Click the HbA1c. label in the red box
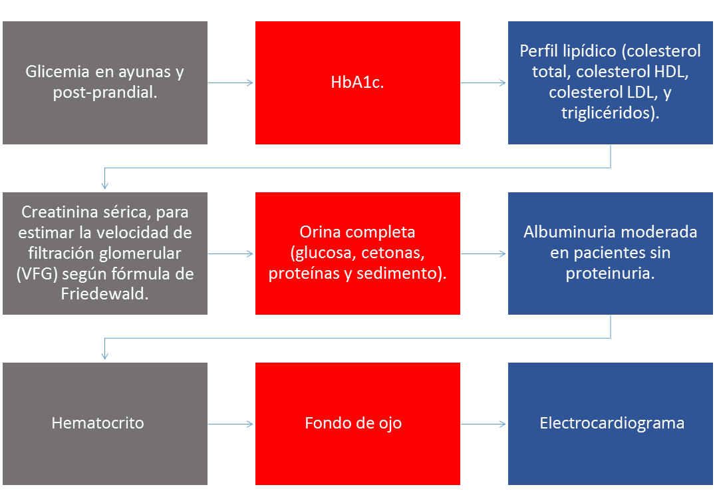tap(357, 83)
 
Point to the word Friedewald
tap(104, 293)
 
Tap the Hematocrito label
tap(98, 423)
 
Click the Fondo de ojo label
tap(353, 423)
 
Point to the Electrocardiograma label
tap(612, 423)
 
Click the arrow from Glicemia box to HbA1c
tap(230, 83)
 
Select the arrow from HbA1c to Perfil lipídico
tap(484, 83)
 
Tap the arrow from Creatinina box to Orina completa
tap(230, 253)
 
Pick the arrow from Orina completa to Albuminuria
tap(484, 253)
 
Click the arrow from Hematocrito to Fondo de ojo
tap(230, 424)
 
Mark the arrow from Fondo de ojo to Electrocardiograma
tap(484, 424)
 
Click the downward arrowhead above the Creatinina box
tap(104, 186)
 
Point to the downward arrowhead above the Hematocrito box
tap(104, 356)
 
